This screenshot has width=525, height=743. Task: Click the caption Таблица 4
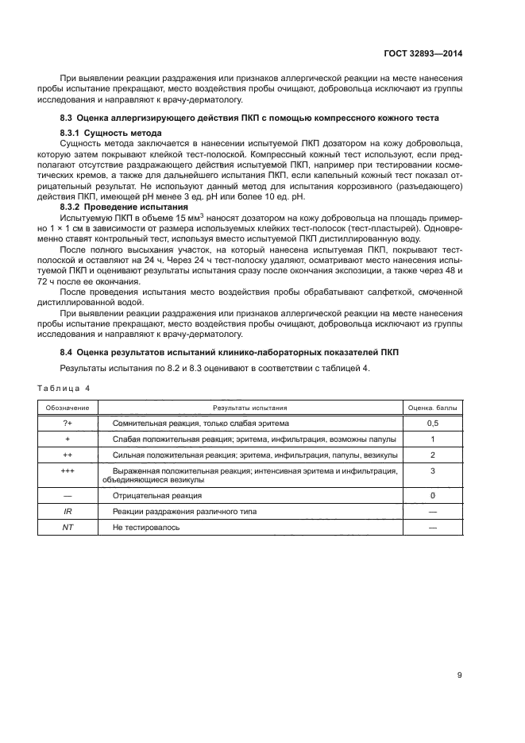tap(64, 388)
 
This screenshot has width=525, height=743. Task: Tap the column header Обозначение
tap(68, 407)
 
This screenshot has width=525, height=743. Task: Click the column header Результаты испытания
tap(250, 407)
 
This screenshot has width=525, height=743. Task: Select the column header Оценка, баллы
tap(433, 407)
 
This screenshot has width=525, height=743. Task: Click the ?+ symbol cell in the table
tap(68, 423)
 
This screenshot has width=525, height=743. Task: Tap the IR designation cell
tap(68, 512)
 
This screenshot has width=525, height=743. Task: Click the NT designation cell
tap(68, 527)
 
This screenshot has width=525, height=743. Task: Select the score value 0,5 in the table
tap(433, 423)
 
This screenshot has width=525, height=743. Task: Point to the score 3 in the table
tap(433, 470)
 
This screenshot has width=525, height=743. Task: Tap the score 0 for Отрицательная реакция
tap(433, 496)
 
